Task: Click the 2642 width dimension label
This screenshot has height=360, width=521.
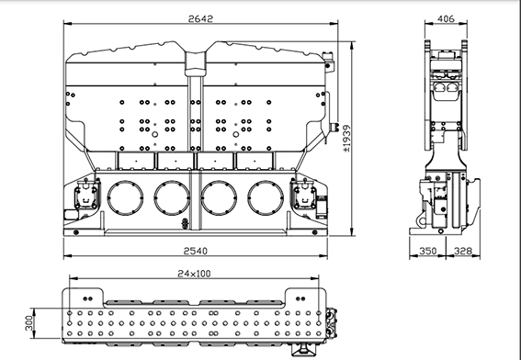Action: point(200,19)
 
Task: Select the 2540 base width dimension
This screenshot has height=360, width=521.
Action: point(196,251)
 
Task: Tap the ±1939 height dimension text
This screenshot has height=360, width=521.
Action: point(346,138)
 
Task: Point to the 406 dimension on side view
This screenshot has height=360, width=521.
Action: point(446,19)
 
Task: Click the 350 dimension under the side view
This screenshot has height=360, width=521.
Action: point(428,251)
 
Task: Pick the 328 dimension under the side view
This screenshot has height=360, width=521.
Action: point(463,251)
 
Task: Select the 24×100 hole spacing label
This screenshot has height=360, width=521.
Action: point(194,274)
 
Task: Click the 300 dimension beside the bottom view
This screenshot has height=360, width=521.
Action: point(29,323)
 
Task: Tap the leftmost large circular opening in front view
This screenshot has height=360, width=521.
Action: point(125,198)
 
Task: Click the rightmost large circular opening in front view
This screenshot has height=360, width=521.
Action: point(266,198)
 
